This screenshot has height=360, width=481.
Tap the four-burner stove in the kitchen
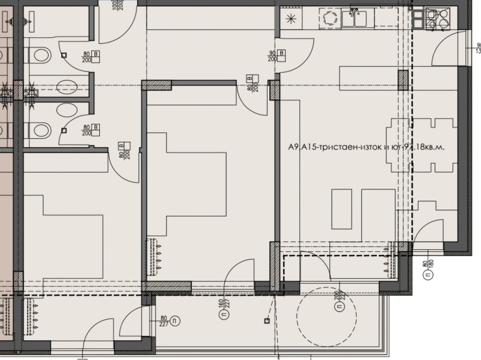pos(437,19)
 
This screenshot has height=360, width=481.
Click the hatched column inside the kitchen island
pos(403,80)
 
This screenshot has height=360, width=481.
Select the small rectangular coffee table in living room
pos(342,209)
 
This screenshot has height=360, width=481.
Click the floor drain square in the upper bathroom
pos(63,56)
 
